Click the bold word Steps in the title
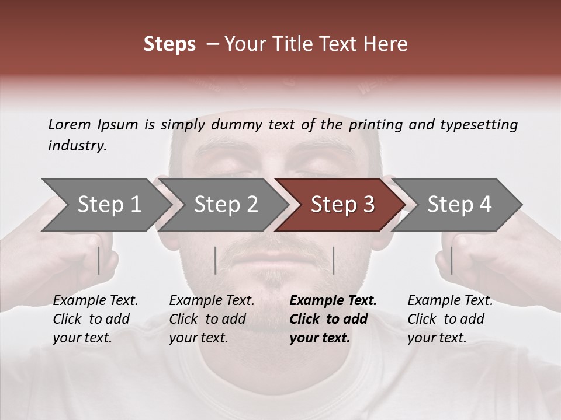[x=169, y=44]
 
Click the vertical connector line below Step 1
[x=99, y=260]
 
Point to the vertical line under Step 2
[x=216, y=260]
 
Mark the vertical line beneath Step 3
[x=333, y=260]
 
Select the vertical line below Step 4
[x=451, y=260]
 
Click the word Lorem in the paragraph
[x=70, y=124]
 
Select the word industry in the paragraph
[x=77, y=146]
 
